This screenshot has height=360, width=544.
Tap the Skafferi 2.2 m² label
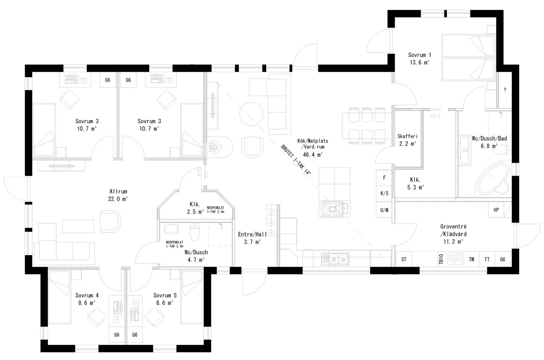[x=407, y=140]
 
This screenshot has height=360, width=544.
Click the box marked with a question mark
[x=504, y=90]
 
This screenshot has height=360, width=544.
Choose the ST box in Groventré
[x=404, y=259]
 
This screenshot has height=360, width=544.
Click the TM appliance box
[x=471, y=259]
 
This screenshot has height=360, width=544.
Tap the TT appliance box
[x=487, y=259]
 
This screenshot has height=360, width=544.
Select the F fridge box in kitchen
[x=384, y=178]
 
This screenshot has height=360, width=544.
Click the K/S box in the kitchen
[x=384, y=194]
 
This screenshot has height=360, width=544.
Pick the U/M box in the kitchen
[x=384, y=210]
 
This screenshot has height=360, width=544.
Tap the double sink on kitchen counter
[x=334, y=259]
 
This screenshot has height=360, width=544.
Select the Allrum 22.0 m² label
[x=119, y=195]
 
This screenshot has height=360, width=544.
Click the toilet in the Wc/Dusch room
[x=195, y=231]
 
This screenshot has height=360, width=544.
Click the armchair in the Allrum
[x=110, y=221]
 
